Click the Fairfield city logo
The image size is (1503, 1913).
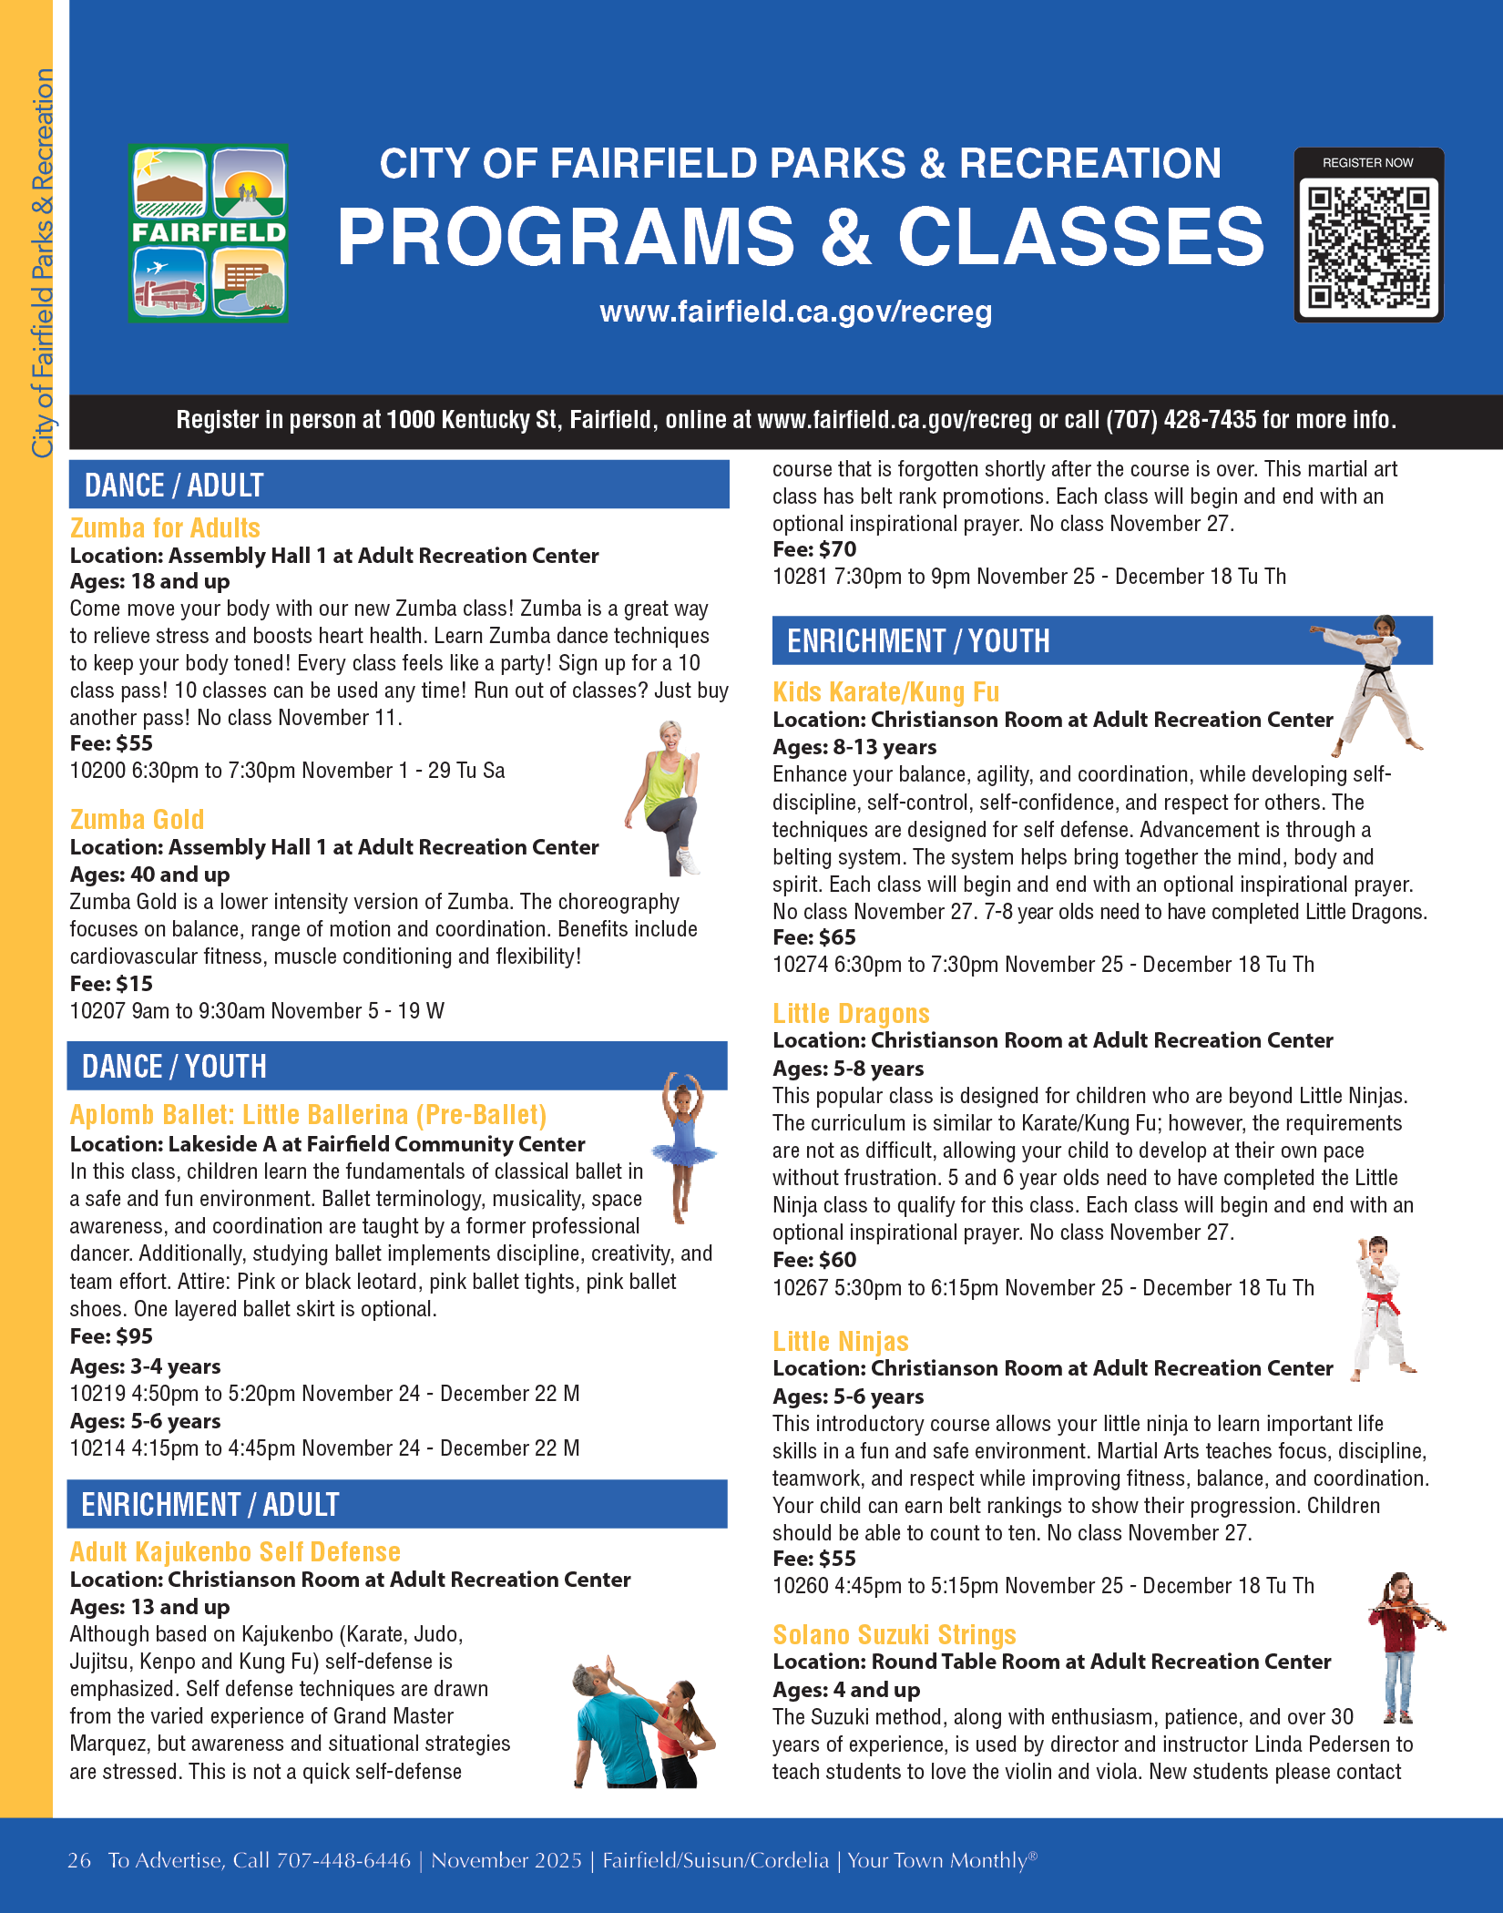(x=209, y=233)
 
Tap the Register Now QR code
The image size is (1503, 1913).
(x=1368, y=245)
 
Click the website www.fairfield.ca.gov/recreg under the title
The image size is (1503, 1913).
(x=795, y=312)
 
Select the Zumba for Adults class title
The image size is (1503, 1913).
(x=165, y=528)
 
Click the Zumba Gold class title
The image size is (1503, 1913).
(x=137, y=819)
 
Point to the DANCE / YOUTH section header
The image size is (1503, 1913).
(x=174, y=1067)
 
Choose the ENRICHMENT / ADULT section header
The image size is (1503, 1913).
(x=210, y=1505)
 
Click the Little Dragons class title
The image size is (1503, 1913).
(x=851, y=1014)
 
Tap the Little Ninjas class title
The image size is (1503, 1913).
(x=840, y=1342)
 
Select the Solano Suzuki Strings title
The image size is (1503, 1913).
(x=894, y=1635)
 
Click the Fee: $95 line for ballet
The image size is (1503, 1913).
(x=111, y=1336)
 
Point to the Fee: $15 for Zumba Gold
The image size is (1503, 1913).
(x=111, y=984)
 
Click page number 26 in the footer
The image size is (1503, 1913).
(x=79, y=1860)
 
